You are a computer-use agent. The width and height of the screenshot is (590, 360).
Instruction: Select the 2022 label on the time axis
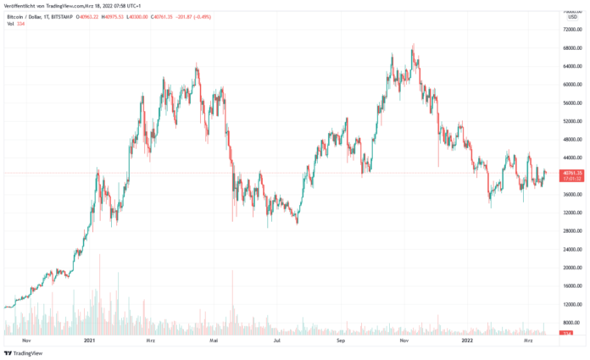pos(467,341)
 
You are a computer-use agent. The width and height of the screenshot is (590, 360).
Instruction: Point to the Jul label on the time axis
pos(277,341)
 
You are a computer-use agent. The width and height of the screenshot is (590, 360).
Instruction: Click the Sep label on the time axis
pos(340,341)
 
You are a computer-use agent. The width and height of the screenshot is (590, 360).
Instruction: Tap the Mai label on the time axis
pos(214,341)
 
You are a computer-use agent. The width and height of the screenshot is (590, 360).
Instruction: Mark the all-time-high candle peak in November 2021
pos(413,44)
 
